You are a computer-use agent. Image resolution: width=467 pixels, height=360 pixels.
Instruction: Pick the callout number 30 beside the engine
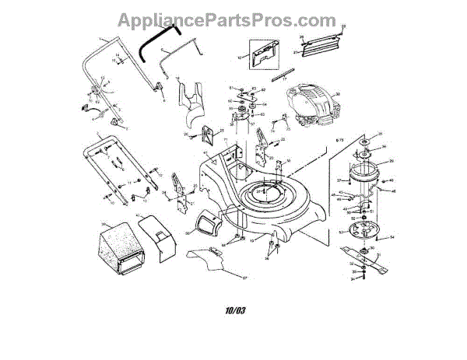tap(338, 95)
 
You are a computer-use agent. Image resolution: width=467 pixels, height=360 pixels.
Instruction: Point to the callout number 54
tap(391, 236)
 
